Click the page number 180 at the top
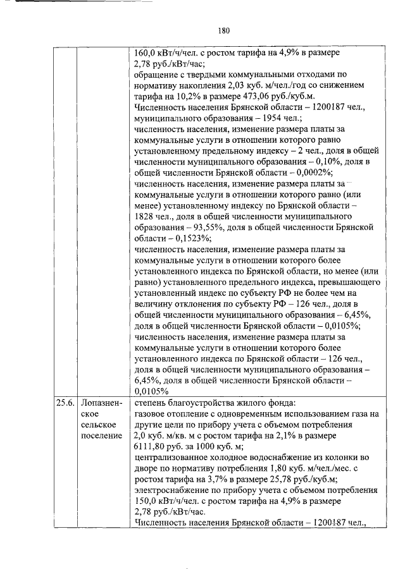pos(223,30)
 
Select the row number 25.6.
pos(65,401)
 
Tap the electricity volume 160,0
pos(147,53)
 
